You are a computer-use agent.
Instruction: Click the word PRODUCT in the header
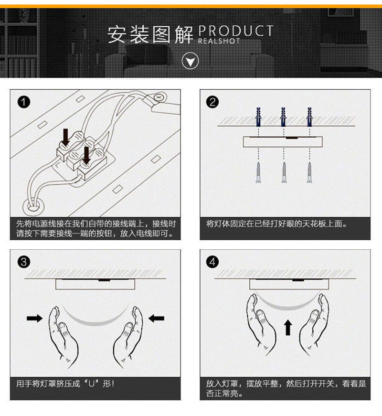[235, 32]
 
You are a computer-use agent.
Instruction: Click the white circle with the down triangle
[191, 61]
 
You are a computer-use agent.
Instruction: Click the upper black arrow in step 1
[66, 137]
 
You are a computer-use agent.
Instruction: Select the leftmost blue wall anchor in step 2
[258, 117]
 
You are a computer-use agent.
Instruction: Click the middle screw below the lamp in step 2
[284, 172]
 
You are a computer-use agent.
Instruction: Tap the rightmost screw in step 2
[309, 172]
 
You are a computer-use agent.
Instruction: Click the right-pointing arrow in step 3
[34, 318]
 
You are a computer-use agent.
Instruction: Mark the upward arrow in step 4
[287, 328]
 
